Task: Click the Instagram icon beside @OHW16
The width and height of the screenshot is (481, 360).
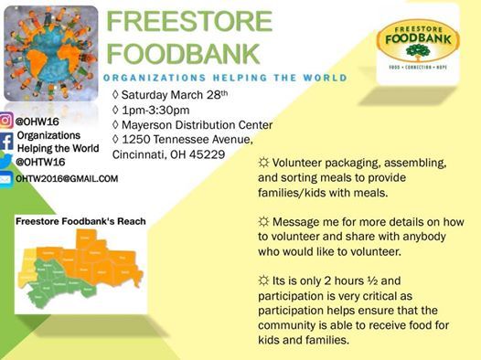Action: tap(6, 121)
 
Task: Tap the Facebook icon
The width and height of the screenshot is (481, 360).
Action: tap(6, 142)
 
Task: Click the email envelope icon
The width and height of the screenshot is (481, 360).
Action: tap(6, 180)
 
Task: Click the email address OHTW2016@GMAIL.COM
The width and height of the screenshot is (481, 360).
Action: tap(67, 178)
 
